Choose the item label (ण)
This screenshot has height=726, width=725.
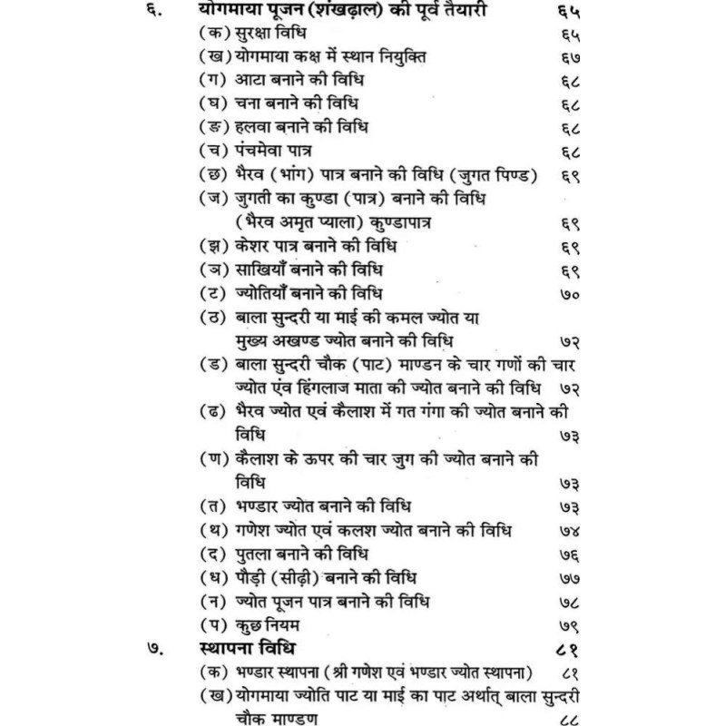pyautogui.click(x=215, y=459)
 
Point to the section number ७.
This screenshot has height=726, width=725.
pyautogui.click(x=157, y=649)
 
